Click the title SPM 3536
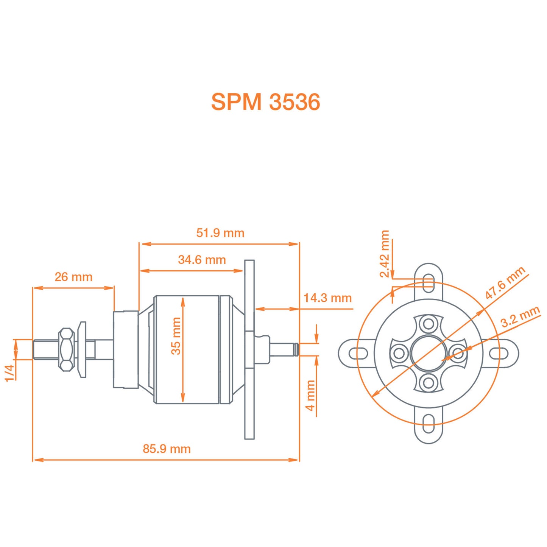[x=265, y=102]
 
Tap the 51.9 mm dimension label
[x=220, y=233]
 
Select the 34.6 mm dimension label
[x=202, y=260]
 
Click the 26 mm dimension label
[x=73, y=277]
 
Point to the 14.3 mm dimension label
[x=327, y=298]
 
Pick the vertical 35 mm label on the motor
[x=176, y=336]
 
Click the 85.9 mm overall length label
[x=167, y=449]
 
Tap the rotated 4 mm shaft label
[x=310, y=395]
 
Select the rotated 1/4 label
[x=9, y=372]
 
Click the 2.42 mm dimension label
[x=385, y=254]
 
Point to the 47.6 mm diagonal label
[x=505, y=282]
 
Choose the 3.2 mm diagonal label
[x=520, y=317]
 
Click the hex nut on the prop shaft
[x=66, y=349]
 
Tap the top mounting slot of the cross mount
[x=429, y=283]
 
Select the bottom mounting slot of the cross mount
[x=429, y=424]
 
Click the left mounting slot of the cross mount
[x=358, y=354]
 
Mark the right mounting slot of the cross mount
[x=499, y=354]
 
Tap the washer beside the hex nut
[x=82, y=349]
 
